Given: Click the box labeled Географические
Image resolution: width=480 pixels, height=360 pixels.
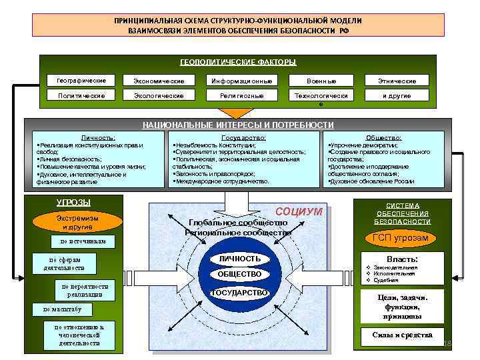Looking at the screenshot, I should tap(81, 81).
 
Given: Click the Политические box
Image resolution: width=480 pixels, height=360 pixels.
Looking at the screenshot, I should tap(81, 96).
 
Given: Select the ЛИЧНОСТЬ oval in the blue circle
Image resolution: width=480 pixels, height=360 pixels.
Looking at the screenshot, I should tap(239, 258).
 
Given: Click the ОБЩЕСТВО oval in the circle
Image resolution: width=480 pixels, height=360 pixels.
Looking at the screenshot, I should tap(239, 275).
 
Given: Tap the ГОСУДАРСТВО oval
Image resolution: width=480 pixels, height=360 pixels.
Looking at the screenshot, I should tap(239, 293).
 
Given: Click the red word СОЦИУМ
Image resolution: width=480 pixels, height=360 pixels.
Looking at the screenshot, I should tap(299, 211).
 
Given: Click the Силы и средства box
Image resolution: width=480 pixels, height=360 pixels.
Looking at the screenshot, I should tap(402, 335).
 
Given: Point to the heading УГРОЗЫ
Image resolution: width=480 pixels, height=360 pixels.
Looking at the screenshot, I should tap(73, 202).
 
